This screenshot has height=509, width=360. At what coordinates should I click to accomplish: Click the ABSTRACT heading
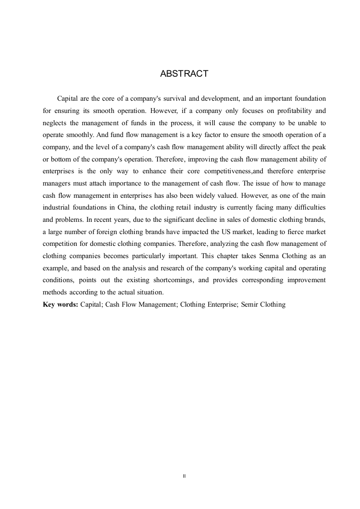[184, 73]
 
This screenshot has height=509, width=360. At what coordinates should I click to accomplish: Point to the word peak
[319, 147]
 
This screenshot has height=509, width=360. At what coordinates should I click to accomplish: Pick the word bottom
[61, 160]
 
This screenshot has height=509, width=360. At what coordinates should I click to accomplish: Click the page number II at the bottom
[184, 476]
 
